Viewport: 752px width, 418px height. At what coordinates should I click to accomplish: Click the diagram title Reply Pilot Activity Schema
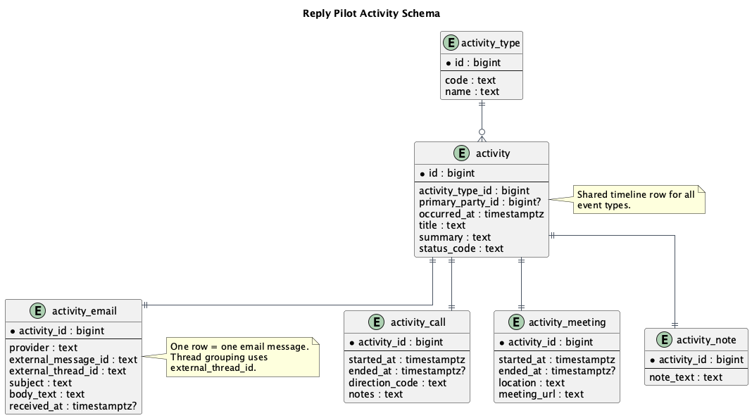click(371, 13)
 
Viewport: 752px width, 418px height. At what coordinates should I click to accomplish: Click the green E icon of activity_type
click(451, 43)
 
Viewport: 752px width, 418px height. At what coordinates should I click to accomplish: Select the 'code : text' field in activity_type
click(470, 80)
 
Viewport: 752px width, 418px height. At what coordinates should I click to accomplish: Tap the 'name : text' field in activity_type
click(472, 91)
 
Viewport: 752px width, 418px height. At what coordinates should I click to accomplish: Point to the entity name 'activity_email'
click(84, 311)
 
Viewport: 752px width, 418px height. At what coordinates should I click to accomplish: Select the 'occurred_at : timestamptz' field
click(481, 214)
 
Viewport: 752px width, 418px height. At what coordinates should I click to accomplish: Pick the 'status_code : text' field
click(461, 248)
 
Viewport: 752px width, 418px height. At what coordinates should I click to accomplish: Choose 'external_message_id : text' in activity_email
click(73, 360)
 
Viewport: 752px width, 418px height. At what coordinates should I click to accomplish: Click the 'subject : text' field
click(41, 383)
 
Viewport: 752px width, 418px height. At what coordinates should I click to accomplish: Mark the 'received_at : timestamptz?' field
click(73, 406)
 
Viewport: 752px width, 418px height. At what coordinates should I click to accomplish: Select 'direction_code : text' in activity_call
click(397, 383)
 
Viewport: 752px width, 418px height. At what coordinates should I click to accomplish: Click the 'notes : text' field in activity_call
click(375, 394)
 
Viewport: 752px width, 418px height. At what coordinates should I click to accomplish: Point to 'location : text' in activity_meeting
click(532, 383)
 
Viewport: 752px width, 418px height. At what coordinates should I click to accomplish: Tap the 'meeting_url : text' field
click(541, 394)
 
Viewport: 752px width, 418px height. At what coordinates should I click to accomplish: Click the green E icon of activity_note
click(664, 340)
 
